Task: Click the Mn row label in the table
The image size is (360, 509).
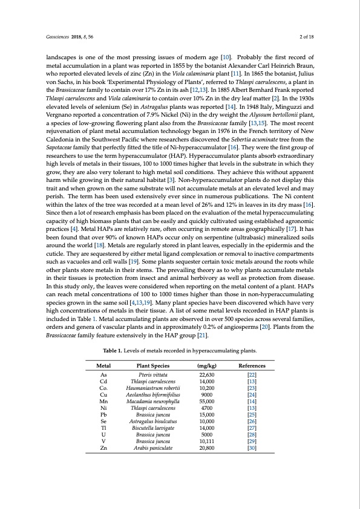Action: (x=103, y=401)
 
